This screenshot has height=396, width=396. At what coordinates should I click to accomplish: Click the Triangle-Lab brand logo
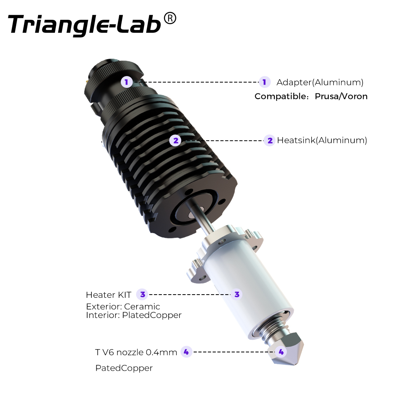[x=85, y=25]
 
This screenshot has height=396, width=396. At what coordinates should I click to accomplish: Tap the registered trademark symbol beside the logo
[x=170, y=19]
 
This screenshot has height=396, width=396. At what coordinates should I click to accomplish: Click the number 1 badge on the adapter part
[x=127, y=82]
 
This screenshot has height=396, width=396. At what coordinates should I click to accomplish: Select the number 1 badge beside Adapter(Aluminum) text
[x=265, y=82]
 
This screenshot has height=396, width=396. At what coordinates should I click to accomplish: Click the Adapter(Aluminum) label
[x=320, y=82]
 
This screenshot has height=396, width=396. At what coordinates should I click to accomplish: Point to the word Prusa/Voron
[x=341, y=96]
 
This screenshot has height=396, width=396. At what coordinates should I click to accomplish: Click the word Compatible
[x=280, y=96]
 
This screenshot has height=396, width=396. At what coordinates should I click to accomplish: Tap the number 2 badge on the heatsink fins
[x=176, y=141]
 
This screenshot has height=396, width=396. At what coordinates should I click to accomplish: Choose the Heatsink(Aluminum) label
[x=322, y=140]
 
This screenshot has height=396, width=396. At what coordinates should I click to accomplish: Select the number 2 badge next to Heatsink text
[x=270, y=141]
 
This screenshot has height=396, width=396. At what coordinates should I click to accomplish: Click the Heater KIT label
[x=109, y=295]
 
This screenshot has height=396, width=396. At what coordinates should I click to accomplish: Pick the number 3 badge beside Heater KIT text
[x=143, y=294]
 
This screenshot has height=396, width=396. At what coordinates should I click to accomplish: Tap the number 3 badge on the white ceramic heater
[x=237, y=294]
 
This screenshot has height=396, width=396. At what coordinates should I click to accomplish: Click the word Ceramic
[x=142, y=307]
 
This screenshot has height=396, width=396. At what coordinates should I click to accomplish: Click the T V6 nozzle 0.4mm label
[x=136, y=352]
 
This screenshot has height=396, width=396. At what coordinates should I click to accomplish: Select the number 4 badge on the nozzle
[x=281, y=352]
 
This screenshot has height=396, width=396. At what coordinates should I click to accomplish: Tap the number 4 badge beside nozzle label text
[x=187, y=352]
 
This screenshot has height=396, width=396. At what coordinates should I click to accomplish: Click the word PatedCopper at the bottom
[x=124, y=368]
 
